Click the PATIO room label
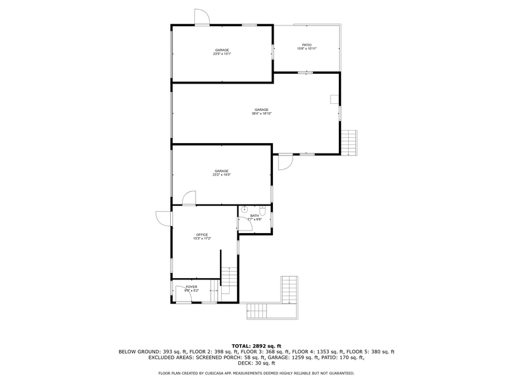point(307,45)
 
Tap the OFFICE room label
point(202,234)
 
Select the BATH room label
point(255,216)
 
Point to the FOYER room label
point(191,287)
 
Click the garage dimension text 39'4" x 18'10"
point(261,114)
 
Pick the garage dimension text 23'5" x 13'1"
point(222,54)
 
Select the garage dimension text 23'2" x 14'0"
point(221,175)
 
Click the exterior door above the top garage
point(202,18)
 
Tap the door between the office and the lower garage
point(189,198)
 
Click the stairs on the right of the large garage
point(351,142)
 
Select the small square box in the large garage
point(334,99)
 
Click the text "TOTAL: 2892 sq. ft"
point(256,345)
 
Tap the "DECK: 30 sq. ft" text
point(256,363)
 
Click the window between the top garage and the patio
point(273,52)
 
